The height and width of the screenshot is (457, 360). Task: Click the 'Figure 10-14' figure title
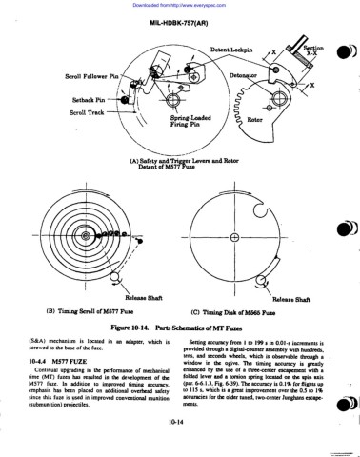pos(181,327)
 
